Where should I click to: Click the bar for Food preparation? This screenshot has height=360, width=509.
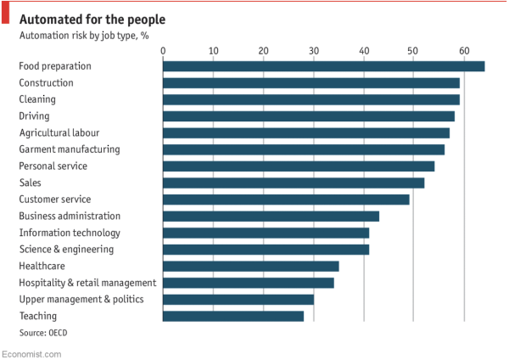323,66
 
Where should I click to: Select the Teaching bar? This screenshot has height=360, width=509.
232,316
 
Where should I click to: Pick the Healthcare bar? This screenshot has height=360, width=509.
250,266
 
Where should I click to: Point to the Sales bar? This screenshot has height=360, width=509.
294,183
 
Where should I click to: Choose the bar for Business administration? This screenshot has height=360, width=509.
271,216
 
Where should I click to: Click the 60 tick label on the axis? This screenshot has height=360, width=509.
464,51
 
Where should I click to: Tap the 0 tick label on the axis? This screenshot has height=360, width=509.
162,51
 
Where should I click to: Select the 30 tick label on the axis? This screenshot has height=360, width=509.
313,51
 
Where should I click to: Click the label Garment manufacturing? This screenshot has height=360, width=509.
70,149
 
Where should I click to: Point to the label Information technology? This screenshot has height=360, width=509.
70,233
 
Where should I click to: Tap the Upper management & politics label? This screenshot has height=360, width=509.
81,299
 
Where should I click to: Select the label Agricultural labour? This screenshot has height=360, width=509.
59,132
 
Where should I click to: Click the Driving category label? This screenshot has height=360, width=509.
34,116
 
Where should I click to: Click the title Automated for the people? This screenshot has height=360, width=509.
92,19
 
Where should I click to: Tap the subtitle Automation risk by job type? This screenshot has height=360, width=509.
84,36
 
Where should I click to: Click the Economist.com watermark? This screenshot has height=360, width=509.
31,352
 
